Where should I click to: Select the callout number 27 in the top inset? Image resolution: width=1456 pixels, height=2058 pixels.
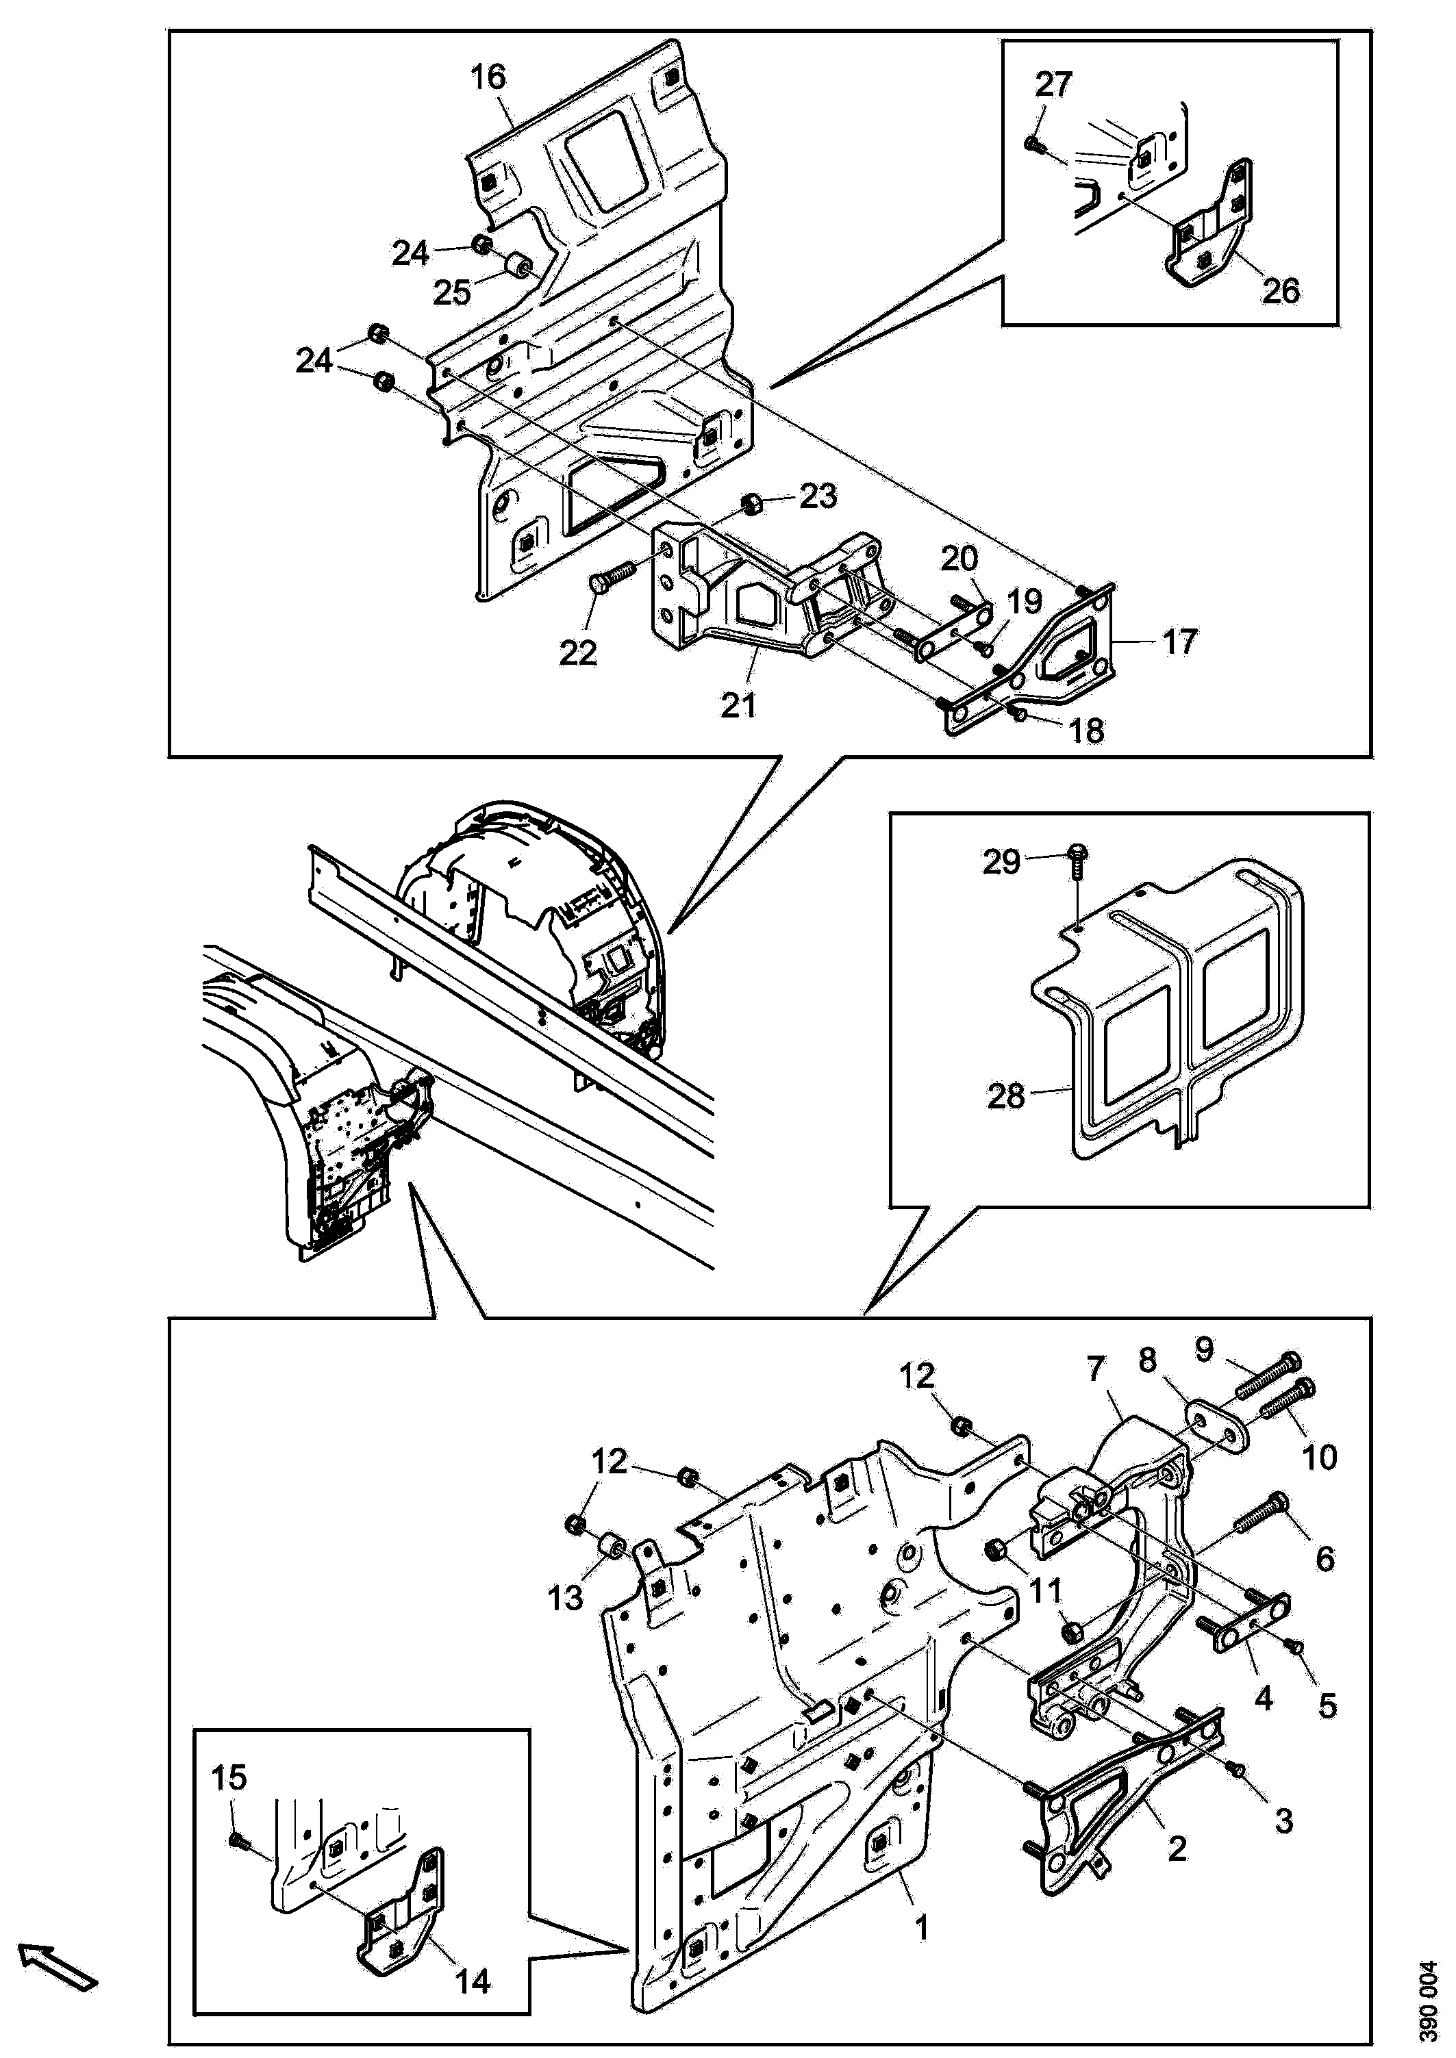[x=1053, y=84]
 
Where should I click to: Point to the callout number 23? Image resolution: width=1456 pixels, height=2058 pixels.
[x=818, y=495]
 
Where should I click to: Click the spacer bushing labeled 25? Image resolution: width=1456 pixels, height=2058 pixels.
[x=519, y=267]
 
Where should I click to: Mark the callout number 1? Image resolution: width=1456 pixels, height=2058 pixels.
[x=920, y=1924]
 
